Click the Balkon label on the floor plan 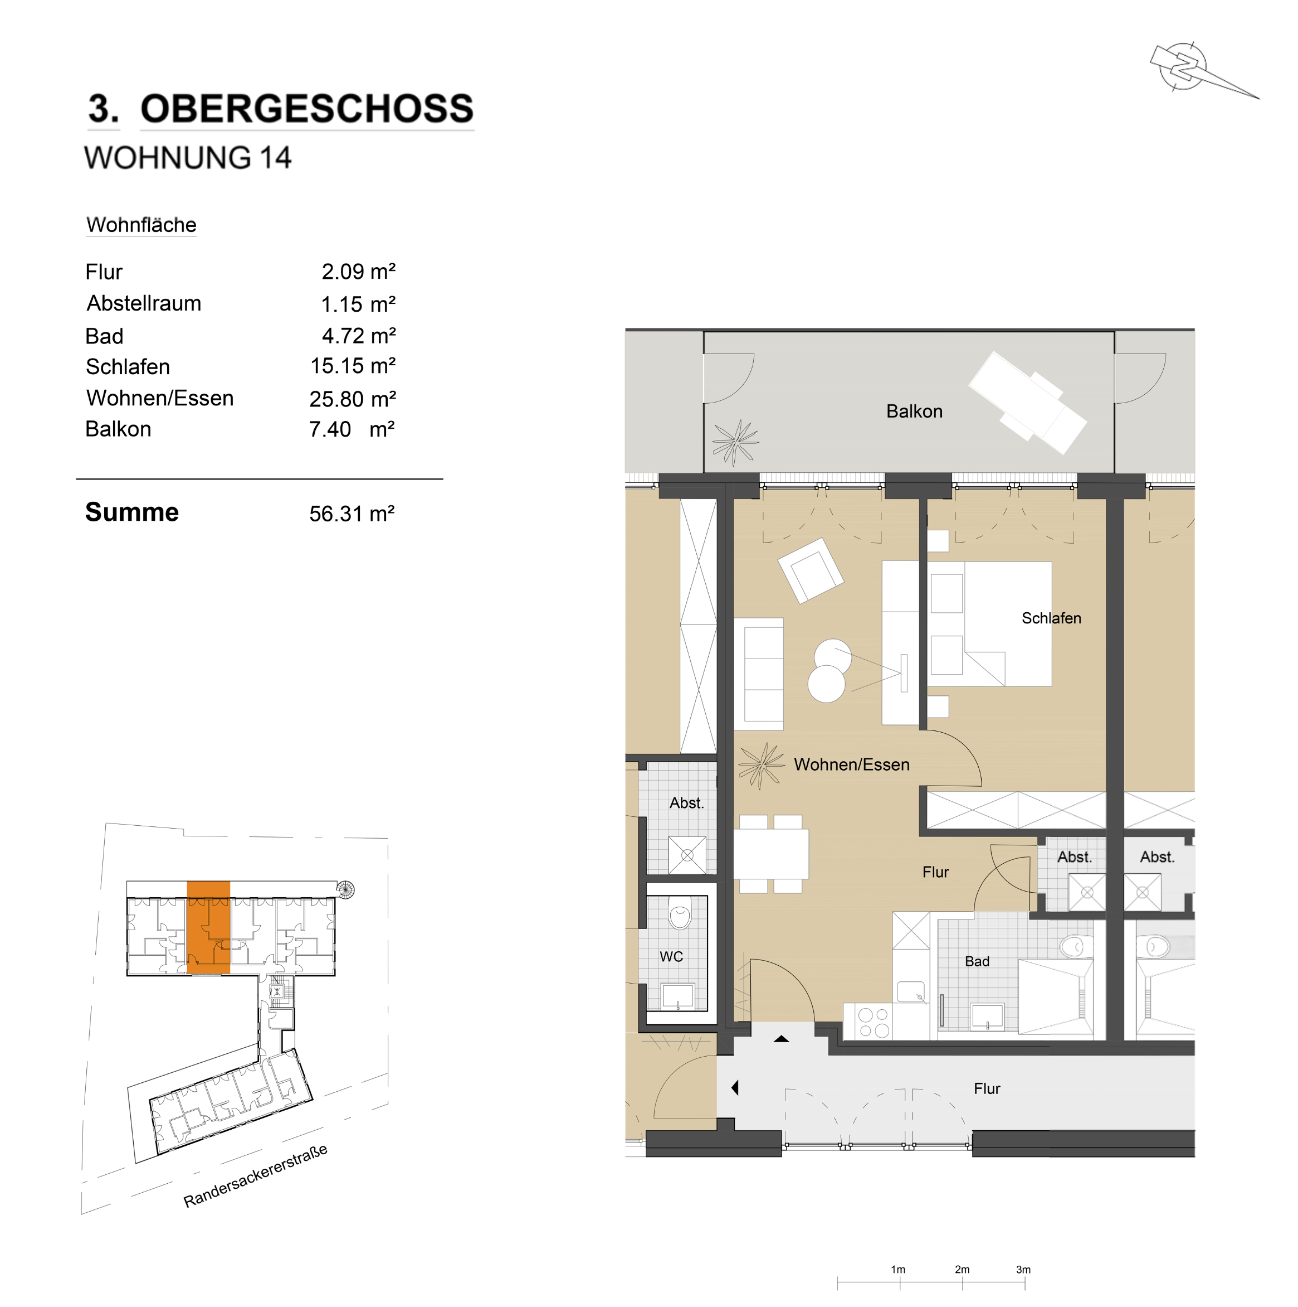click(x=914, y=412)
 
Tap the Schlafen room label click(x=1051, y=618)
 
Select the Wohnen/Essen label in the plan click(x=851, y=764)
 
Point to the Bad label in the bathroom click(x=977, y=961)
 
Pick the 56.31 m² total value click(x=352, y=514)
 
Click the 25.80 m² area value click(x=353, y=399)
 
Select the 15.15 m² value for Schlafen click(x=353, y=366)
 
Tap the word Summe click(x=132, y=512)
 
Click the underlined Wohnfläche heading click(x=141, y=225)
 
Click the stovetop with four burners click(x=874, y=1022)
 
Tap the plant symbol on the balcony click(x=735, y=442)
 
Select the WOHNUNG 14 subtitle click(x=187, y=158)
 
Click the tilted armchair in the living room click(x=811, y=570)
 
